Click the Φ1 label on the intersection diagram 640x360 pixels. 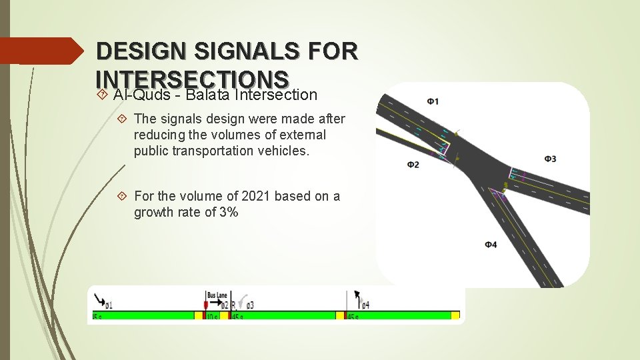click(433, 101)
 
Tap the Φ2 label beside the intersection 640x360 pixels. click(413, 164)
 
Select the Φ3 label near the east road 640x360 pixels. click(550, 159)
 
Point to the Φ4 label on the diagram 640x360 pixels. click(491, 245)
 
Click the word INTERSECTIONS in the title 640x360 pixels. click(192, 79)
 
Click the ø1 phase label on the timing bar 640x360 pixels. click(108, 305)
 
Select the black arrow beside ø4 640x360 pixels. click(357, 296)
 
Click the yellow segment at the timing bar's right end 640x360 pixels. click(455, 315)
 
